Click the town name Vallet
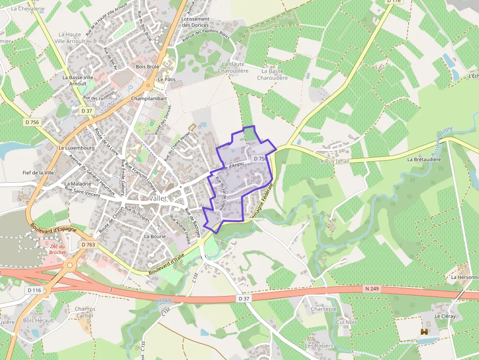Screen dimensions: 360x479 pos(158,199)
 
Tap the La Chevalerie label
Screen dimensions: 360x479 pos(27,8)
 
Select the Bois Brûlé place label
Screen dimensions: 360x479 pos(148,66)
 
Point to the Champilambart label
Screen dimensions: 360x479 pos(149,98)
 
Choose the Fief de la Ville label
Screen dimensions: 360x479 pos(38,172)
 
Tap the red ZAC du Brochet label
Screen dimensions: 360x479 pos(57,249)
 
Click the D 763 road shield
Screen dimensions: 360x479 pos(88,244)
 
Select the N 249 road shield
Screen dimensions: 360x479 pos(372,288)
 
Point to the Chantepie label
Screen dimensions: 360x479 pos(324,309)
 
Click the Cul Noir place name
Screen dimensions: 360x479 pos(347,322)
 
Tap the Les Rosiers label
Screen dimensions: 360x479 pos(319,346)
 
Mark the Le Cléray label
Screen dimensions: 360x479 pos(445,316)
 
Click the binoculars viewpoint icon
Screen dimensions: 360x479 pos(425,332)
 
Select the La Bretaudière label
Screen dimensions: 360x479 pos(424,159)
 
